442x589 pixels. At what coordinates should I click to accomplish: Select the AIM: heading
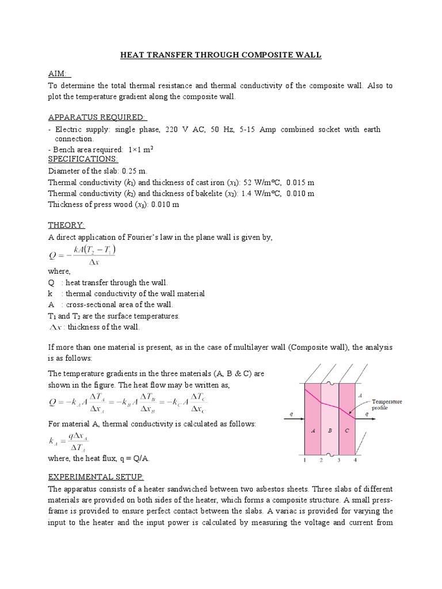[58, 74]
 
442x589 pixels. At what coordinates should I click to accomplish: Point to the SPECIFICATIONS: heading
[83, 158]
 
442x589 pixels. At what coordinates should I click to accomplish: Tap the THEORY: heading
[66, 225]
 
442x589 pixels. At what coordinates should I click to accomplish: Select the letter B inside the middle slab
[330, 430]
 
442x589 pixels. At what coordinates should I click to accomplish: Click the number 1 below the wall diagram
[304, 460]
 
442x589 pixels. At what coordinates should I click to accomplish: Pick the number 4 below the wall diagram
[356, 460]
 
